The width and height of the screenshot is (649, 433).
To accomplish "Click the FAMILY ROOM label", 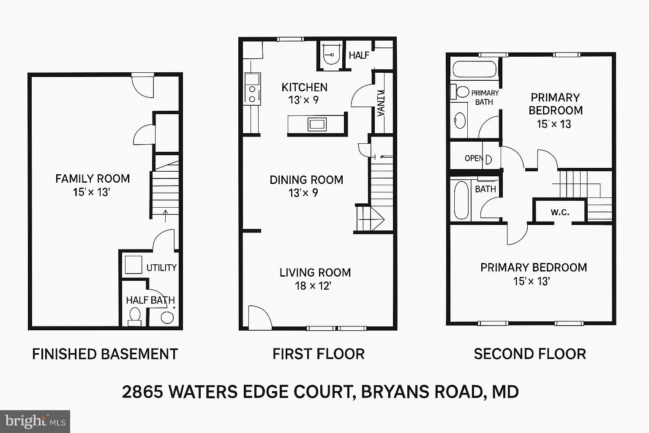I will [93, 179].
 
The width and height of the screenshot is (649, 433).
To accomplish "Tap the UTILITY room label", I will [161, 268].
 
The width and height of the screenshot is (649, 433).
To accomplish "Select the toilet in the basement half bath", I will [135, 317].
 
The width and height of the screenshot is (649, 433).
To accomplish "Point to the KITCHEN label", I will [304, 88].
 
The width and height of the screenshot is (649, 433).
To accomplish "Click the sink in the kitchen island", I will [317, 124].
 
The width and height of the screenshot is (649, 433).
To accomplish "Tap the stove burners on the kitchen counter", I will [252, 94].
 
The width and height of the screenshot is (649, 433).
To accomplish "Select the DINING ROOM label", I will [306, 180].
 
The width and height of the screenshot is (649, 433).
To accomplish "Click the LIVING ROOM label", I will [315, 273].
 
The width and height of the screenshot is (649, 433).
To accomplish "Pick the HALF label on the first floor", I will [359, 55].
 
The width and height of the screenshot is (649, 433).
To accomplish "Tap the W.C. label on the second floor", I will [560, 212].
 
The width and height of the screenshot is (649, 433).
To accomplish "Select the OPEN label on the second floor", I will [474, 159].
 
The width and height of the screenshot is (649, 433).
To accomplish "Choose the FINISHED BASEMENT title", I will [105, 354].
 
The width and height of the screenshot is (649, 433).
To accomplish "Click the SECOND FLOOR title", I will [530, 354].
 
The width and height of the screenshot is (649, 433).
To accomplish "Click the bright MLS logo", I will [35, 422].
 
